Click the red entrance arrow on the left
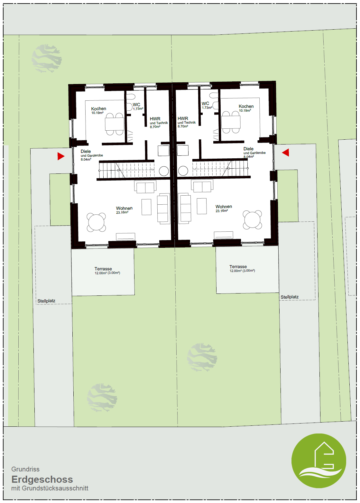[x=60, y=156]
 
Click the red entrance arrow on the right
[x=286, y=153]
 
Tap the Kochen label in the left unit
[x=98, y=109]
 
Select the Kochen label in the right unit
[x=246, y=106]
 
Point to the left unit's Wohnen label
[x=124, y=208]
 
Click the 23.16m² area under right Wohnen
[x=222, y=211]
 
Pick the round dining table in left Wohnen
[x=96, y=222]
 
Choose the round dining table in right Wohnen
[x=252, y=219]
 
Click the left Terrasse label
[x=103, y=269]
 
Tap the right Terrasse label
[x=238, y=266]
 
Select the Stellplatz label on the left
[x=46, y=301]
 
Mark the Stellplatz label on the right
[x=290, y=297]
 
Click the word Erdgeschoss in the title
[x=42, y=479]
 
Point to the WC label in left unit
[x=136, y=105]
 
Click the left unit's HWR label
[x=155, y=119]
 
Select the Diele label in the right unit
[x=248, y=149]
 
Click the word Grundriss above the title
[x=25, y=469]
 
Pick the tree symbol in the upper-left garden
[x=47, y=59]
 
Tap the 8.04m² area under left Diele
[x=86, y=159]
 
